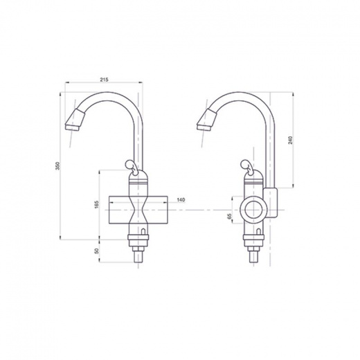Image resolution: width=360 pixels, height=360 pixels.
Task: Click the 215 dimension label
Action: pos(104,80)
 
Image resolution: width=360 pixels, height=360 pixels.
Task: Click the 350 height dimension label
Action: pos(58,165)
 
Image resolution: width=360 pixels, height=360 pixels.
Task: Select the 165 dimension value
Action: pos(96,204)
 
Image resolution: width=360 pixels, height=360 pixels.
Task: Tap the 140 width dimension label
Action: pos(181,200)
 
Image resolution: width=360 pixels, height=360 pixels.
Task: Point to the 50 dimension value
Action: pos(97,251)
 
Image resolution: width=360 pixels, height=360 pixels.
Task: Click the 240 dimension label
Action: pos(290,140)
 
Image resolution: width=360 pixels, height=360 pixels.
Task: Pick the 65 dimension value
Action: pos(229,216)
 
